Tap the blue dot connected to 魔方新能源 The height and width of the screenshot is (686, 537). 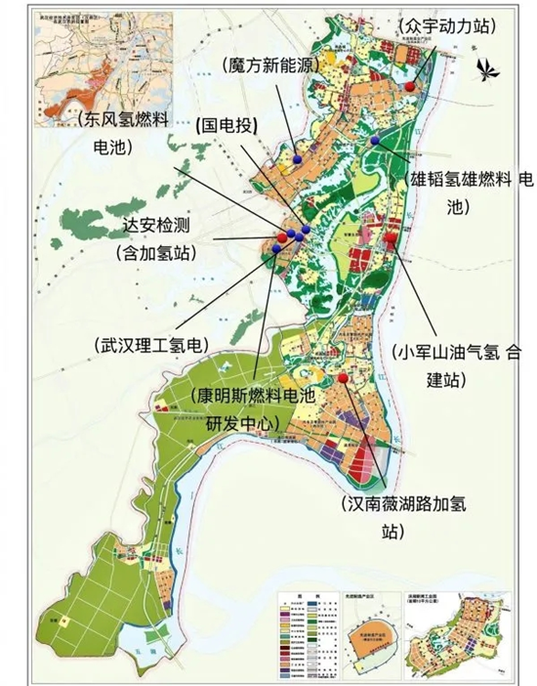(296, 157)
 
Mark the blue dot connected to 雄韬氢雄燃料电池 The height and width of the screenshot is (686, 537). (374, 141)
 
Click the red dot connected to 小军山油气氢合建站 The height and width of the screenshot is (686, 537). (390, 236)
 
